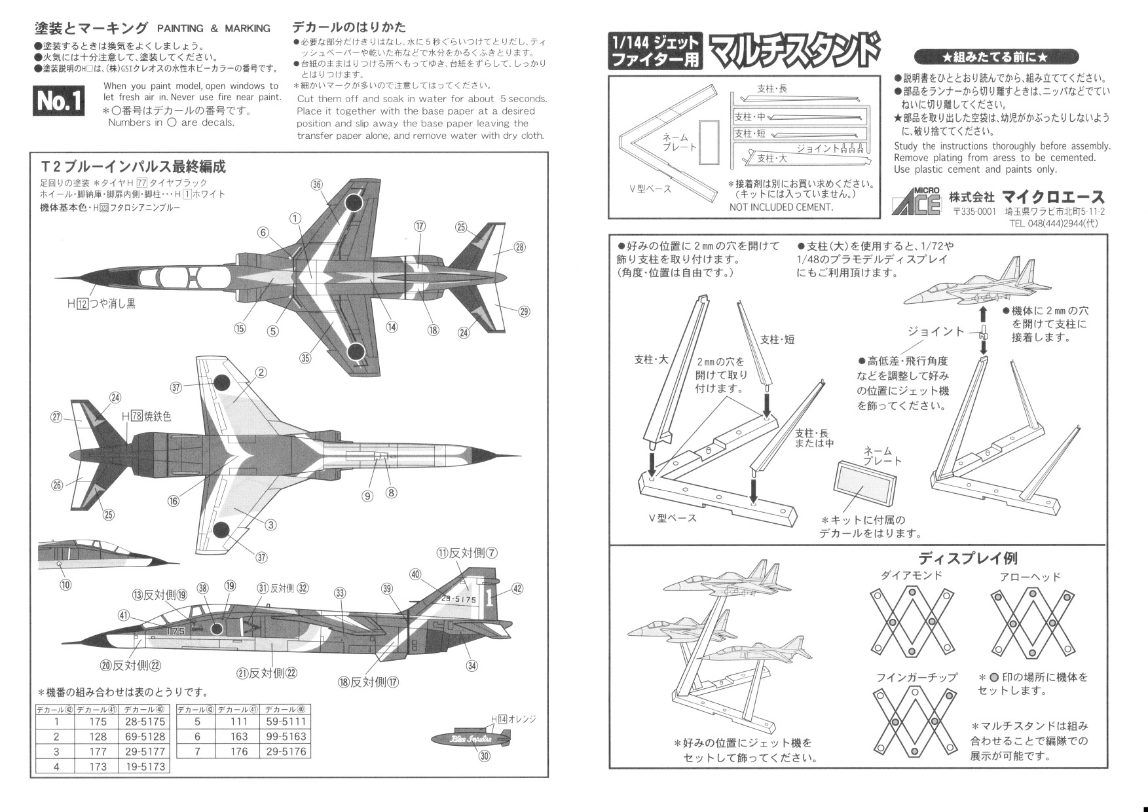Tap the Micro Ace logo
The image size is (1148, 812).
coord(916,201)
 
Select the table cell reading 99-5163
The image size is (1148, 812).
coord(286,737)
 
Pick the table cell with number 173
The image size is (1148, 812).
coord(98,766)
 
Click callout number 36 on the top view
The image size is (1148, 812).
coord(317,184)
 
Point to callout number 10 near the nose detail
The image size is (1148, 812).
coord(65,585)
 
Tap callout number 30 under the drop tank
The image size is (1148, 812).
coord(485,756)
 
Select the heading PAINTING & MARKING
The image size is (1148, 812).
coord(213,28)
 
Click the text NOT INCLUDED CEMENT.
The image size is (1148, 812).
coord(781,207)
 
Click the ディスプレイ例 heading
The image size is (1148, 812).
coord(968,559)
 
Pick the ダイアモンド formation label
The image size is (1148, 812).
coord(912,576)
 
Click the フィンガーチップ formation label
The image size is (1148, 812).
coord(916,677)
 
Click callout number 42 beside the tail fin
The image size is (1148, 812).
coord(517,588)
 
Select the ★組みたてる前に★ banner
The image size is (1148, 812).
coord(995,57)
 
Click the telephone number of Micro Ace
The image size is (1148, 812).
coord(1054,223)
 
